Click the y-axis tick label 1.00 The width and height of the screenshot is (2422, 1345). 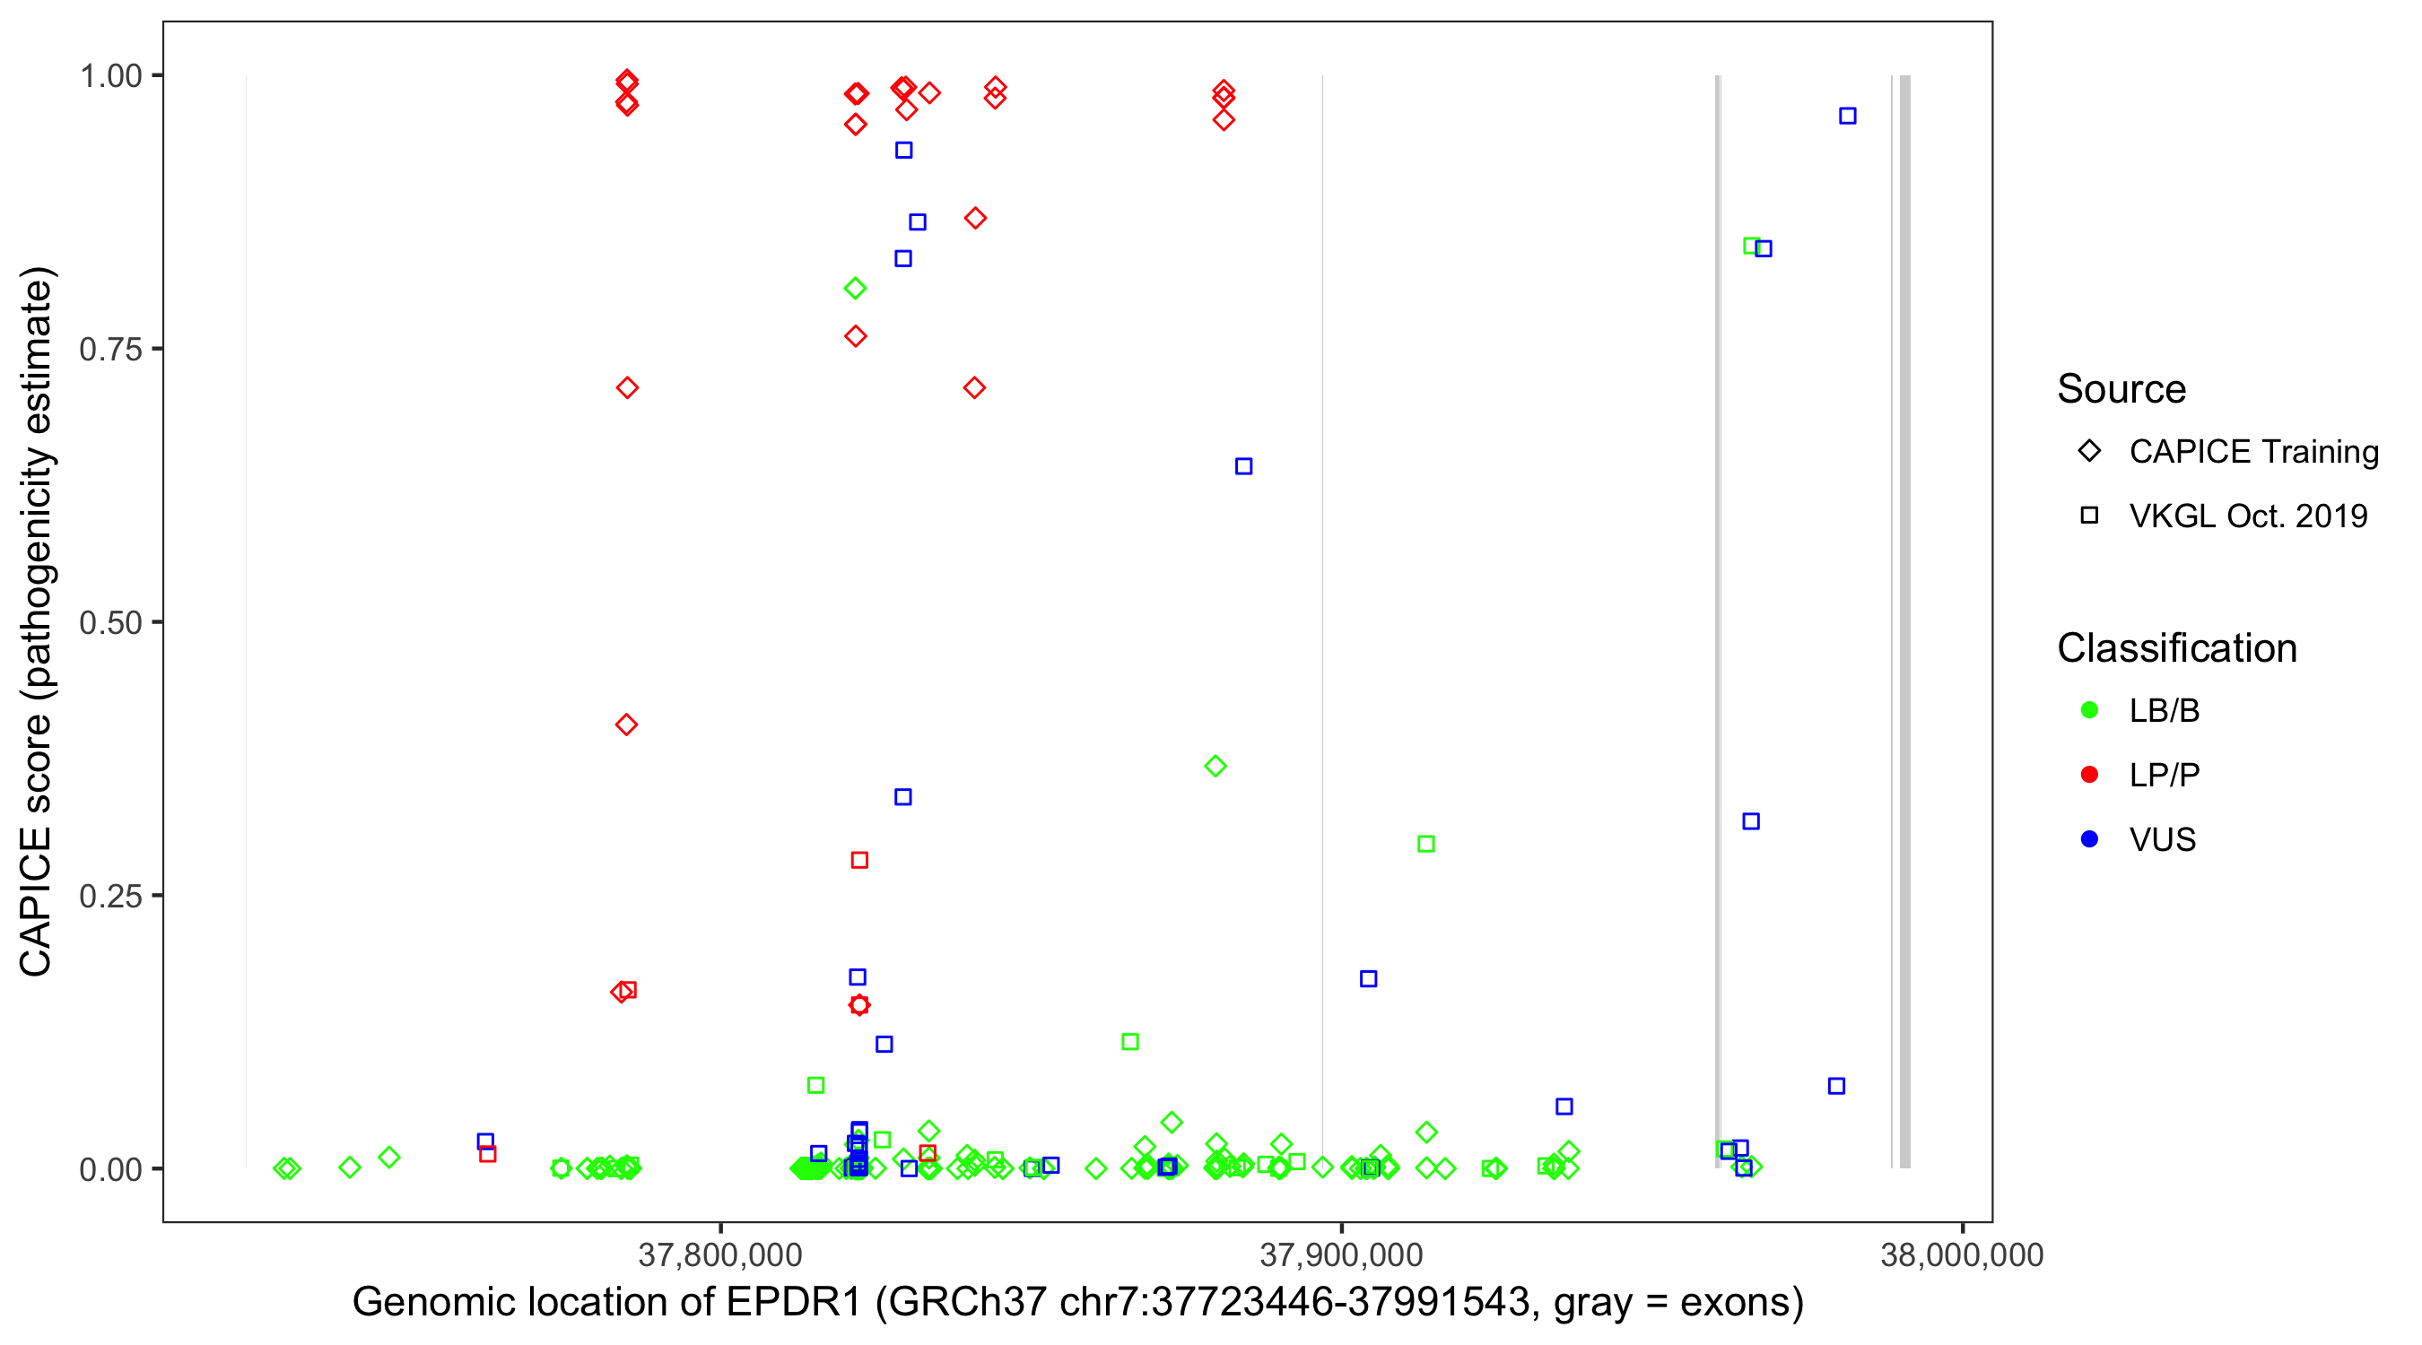(x=110, y=76)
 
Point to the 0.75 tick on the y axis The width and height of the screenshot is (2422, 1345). (x=110, y=350)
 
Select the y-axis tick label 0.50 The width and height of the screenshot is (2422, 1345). (x=110, y=623)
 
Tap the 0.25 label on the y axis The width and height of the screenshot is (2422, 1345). (x=110, y=897)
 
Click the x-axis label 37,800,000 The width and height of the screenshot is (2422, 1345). (x=719, y=1255)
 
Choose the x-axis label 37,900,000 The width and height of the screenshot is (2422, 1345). (x=1341, y=1255)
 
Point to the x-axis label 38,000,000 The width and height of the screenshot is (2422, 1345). (x=1961, y=1255)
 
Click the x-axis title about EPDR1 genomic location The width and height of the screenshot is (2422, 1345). (x=1077, y=1303)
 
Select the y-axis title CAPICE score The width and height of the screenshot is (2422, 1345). (x=38, y=621)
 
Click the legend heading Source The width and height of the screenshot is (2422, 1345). (x=2121, y=389)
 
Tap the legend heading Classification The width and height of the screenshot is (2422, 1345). (x=2176, y=648)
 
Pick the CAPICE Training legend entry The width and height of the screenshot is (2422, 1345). (x=2253, y=452)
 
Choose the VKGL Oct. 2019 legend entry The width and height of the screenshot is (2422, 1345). (x=2248, y=516)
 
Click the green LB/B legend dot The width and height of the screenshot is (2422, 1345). (x=2089, y=710)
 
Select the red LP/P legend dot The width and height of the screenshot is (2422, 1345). (x=2089, y=776)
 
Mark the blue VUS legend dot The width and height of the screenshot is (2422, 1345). (x=2089, y=839)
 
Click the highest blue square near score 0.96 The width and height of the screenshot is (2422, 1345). (x=1848, y=117)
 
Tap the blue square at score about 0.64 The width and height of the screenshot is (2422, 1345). (x=1243, y=467)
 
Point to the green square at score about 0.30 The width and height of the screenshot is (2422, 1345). (x=1425, y=845)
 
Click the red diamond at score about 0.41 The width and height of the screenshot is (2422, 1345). (x=626, y=725)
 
